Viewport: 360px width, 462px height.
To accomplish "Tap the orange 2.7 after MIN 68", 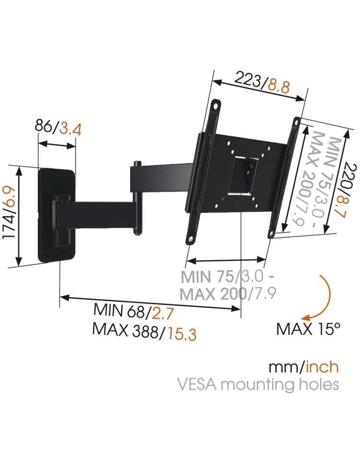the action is click(x=162, y=314).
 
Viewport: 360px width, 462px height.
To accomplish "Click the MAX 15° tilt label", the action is click(x=308, y=328).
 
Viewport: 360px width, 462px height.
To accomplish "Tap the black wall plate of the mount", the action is click(x=58, y=214).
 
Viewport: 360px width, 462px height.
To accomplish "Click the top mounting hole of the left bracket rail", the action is click(x=217, y=106).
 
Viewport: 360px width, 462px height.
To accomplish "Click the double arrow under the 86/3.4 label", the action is click(x=57, y=144).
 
